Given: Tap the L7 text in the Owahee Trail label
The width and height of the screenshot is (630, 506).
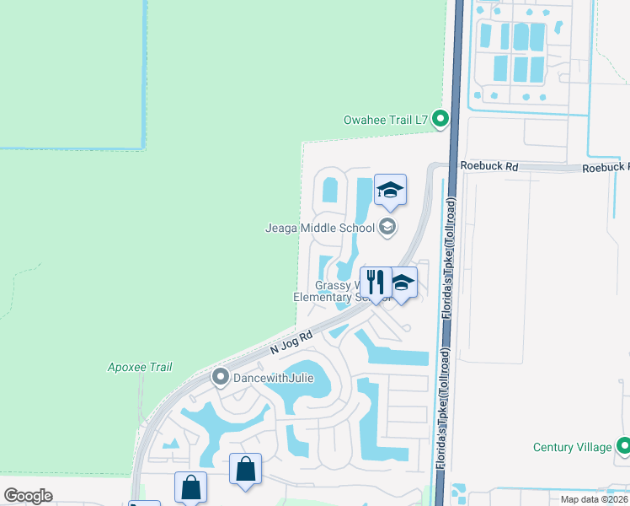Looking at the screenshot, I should (422, 121).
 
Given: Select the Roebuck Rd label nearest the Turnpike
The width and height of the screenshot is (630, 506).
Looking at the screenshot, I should (489, 167).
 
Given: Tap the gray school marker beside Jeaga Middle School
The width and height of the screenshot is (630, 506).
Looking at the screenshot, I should (387, 226).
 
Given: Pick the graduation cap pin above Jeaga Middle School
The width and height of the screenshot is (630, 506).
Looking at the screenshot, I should (390, 190).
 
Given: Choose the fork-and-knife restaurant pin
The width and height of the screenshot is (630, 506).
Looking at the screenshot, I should (375, 281).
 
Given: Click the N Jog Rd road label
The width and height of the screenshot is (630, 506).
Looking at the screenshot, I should (291, 342).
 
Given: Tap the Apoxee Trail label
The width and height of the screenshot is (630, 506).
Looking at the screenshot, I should (140, 367).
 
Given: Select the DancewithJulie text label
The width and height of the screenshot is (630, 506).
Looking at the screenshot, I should (274, 379).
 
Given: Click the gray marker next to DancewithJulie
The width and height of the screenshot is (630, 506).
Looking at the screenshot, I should (222, 377).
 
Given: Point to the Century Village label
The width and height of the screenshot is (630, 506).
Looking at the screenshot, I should (572, 447).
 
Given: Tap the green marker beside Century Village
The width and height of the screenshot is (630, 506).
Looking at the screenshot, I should (623, 445).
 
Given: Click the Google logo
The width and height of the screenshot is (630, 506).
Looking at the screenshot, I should (28, 496).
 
